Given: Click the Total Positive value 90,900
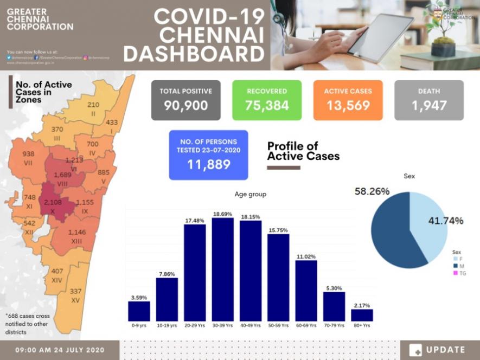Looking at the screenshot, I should [x=186, y=105].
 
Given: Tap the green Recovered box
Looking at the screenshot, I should [x=267, y=100].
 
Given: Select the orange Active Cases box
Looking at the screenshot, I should [x=348, y=100].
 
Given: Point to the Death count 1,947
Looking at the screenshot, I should [x=429, y=105].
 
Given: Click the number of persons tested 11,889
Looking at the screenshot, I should [x=208, y=164].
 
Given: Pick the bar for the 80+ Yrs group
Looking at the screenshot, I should [x=362, y=315].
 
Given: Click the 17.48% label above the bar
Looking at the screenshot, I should [x=195, y=220].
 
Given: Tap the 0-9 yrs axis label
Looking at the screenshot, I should [x=139, y=325].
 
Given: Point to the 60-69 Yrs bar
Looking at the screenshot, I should [x=306, y=291].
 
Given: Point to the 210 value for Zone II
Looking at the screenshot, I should [x=93, y=105].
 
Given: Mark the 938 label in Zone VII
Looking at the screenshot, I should [x=28, y=154].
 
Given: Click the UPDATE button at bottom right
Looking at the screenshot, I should [x=438, y=350].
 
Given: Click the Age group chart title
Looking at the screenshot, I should [x=250, y=194].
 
